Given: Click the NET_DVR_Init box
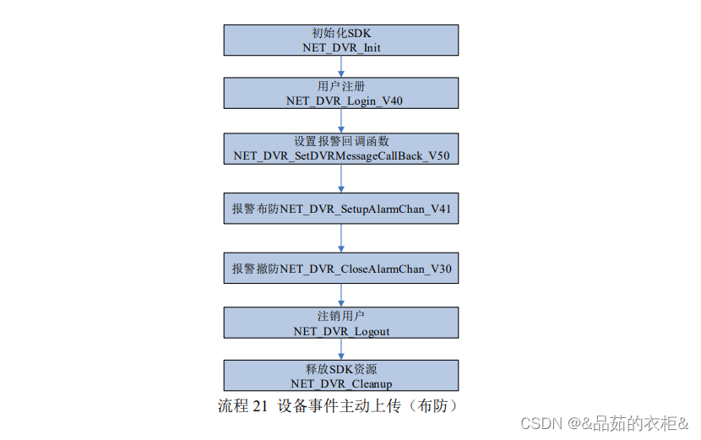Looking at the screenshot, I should (x=341, y=40).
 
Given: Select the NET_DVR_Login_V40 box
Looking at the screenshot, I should (x=341, y=93).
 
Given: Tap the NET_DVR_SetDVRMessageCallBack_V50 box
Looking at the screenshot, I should (x=341, y=148).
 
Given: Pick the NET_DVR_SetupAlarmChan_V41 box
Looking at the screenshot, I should (x=341, y=208).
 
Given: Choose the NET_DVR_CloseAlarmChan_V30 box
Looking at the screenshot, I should (x=341, y=269).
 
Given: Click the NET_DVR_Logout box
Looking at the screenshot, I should (x=341, y=323).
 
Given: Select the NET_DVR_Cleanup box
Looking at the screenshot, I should (x=341, y=376).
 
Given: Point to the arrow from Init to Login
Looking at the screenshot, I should (x=341, y=67).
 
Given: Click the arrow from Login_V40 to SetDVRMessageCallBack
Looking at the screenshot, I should (x=341, y=120).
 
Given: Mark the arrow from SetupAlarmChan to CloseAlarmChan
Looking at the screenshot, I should (x=341, y=238).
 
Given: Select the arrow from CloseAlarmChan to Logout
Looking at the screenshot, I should (x=341, y=296).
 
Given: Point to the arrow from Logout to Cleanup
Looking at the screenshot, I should (x=341, y=350).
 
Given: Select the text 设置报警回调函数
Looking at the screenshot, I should (x=341, y=141).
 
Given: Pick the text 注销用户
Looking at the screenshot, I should (x=341, y=316).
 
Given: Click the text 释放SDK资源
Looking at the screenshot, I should (x=341, y=369).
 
